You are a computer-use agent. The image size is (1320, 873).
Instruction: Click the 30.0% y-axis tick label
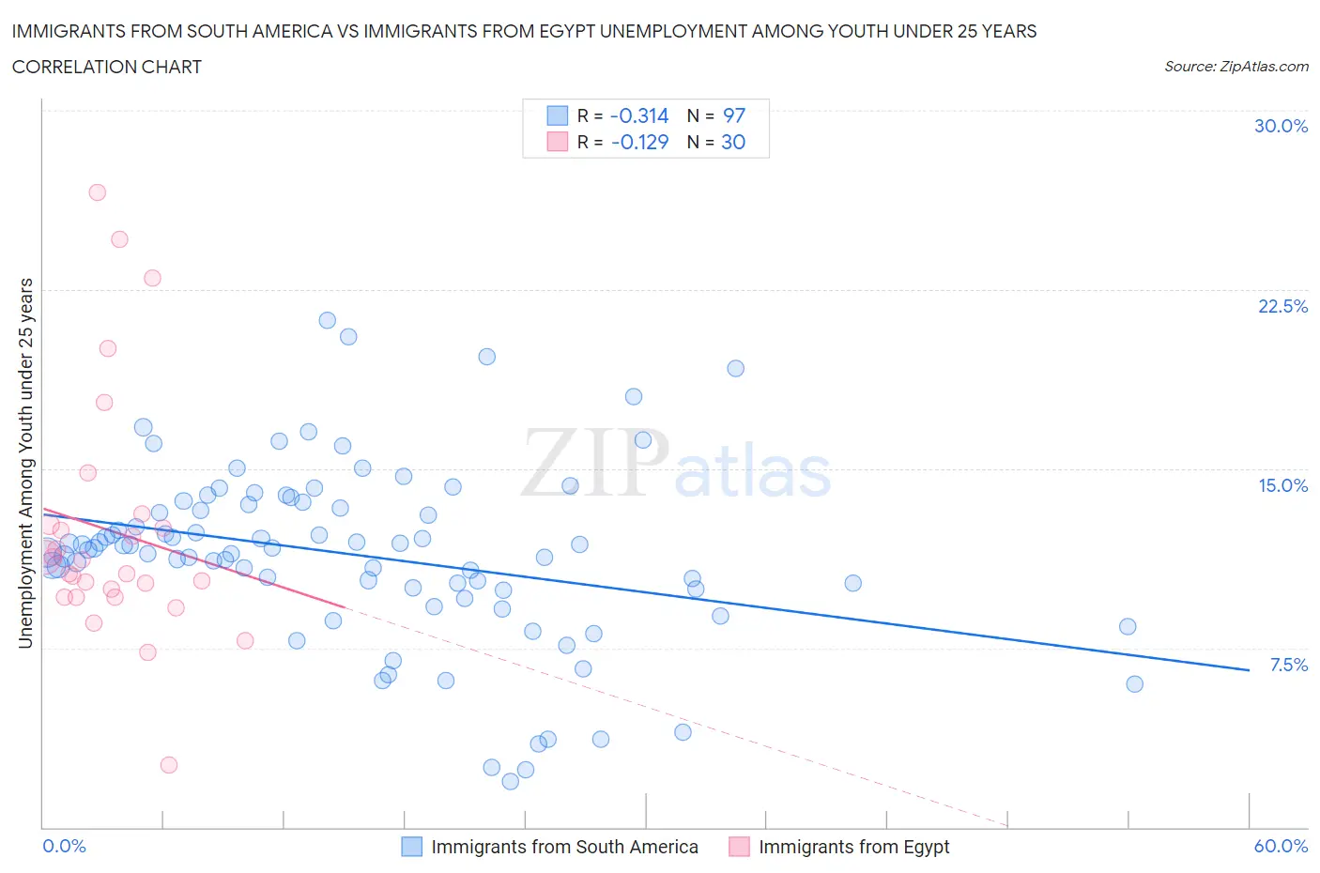[x=1281, y=126]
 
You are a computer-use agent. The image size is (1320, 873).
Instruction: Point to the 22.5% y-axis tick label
[x=1282, y=306]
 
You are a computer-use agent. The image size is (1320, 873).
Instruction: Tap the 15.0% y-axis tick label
[x=1282, y=485]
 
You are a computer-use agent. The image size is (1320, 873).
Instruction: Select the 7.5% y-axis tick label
[x=1288, y=665]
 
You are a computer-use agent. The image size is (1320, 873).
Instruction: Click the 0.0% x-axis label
[x=64, y=846]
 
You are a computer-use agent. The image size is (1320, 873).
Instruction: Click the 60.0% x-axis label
[x=1281, y=846]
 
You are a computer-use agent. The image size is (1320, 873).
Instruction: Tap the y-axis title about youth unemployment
[x=25, y=463]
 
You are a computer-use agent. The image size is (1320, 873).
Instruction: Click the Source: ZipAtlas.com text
[x=1236, y=66]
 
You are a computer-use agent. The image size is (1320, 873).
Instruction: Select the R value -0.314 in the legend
[x=638, y=115]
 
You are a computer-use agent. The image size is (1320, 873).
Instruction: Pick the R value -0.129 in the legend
[x=638, y=142]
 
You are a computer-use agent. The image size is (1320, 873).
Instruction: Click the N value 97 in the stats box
[x=733, y=115]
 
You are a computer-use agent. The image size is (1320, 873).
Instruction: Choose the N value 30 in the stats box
[x=732, y=142]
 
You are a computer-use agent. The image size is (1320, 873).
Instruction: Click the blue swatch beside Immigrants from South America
[x=411, y=847]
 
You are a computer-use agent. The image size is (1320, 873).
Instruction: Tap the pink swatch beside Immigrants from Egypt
[x=739, y=847]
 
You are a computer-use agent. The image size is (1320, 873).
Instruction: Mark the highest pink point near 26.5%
[x=97, y=192]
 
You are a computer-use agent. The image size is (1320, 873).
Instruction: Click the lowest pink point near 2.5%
[x=169, y=765]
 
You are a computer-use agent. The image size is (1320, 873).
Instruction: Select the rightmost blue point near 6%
[x=1134, y=684]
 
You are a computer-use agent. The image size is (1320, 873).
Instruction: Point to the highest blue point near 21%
[x=327, y=320]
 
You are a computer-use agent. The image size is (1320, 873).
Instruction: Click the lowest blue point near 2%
[x=511, y=781]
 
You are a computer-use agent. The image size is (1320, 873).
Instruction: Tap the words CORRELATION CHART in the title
[x=106, y=67]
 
